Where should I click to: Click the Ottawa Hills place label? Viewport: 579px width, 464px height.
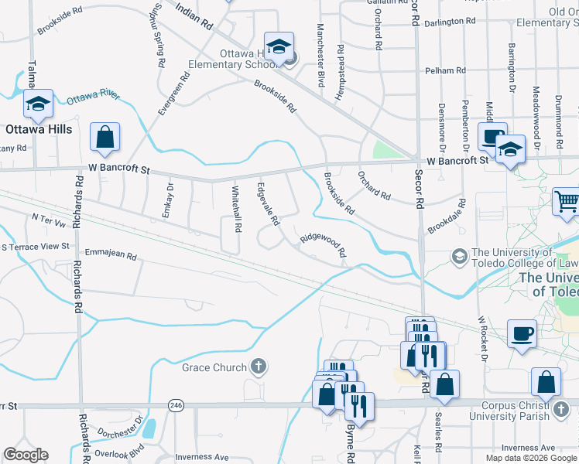point(39,129)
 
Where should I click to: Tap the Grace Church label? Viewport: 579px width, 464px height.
point(214,367)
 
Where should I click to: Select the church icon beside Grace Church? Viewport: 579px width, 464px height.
point(259,367)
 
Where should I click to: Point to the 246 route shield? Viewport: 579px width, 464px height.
point(176,404)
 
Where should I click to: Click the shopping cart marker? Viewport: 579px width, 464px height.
point(567,202)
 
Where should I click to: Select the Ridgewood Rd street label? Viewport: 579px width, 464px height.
point(323,245)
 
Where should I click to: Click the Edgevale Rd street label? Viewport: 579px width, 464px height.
point(268,204)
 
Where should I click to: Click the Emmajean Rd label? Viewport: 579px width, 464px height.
point(111,254)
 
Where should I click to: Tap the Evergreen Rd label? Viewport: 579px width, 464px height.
point(174,94)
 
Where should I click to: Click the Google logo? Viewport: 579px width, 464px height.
point(26,455)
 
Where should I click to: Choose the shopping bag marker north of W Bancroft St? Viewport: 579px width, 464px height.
point(105,138)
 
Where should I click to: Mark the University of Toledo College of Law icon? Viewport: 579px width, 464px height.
point(460,255)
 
